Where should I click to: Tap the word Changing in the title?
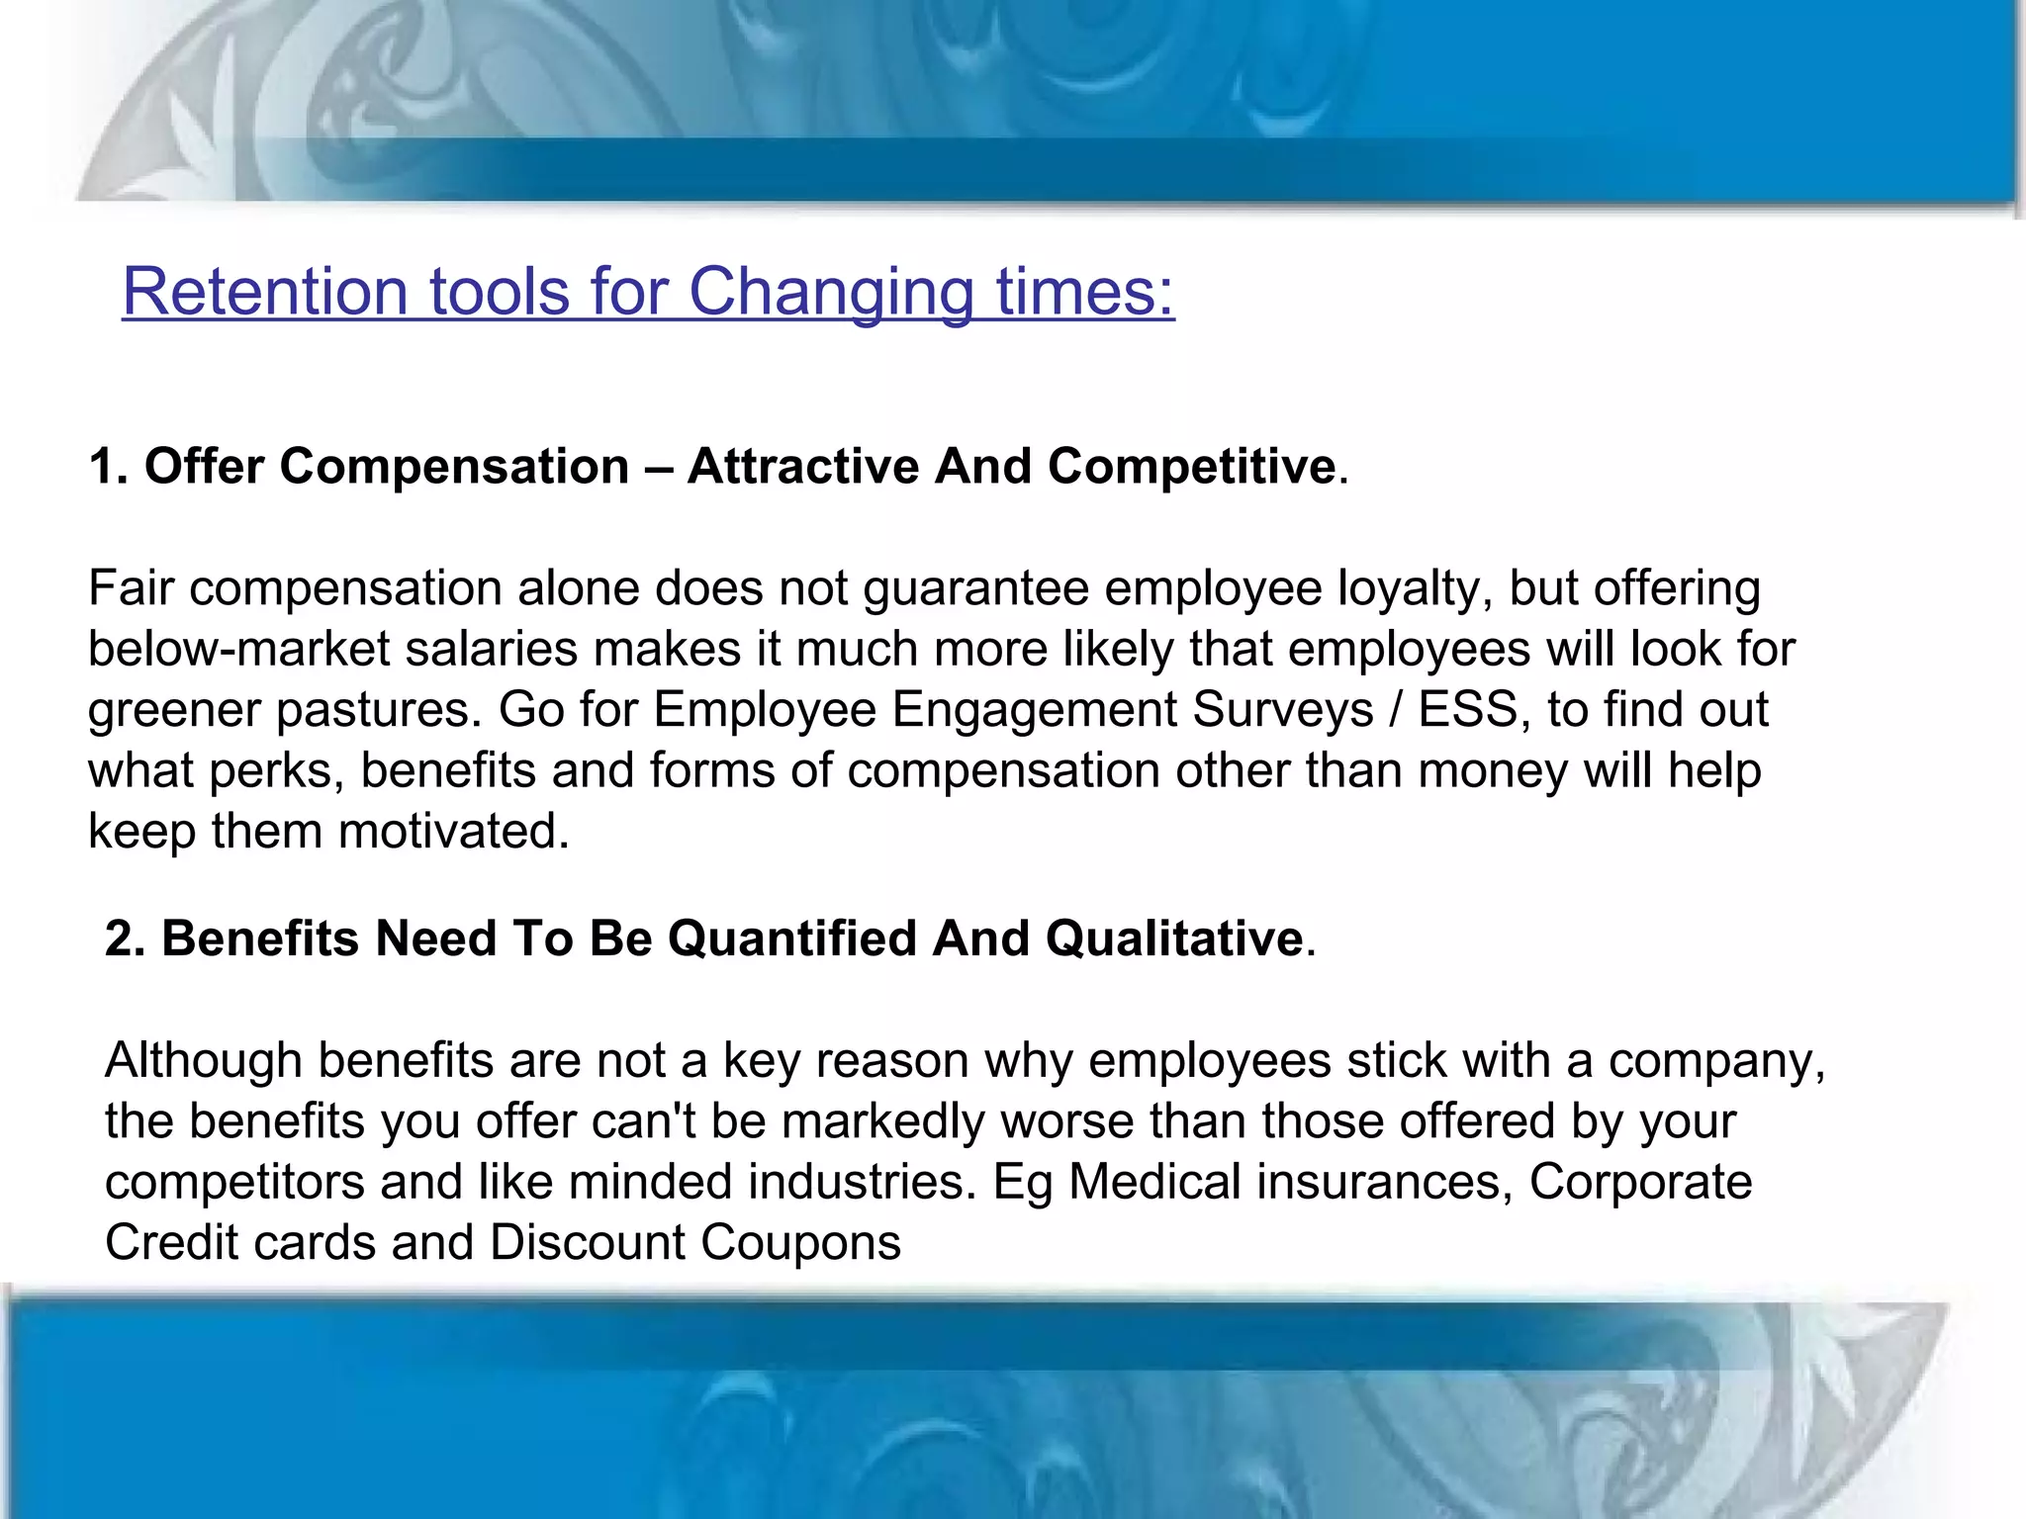coord(831,292)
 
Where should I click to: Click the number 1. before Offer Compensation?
coord(109,466)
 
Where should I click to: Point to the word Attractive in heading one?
coord(803,466)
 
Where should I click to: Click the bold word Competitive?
coord(1192,466)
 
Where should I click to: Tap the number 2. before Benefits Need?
coord(126,938)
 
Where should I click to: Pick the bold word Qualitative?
coord(1174,938)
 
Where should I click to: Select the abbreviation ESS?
coord(1467,709)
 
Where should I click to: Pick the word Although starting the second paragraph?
coord(203,1060)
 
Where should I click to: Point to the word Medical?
coord(1154,1182)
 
